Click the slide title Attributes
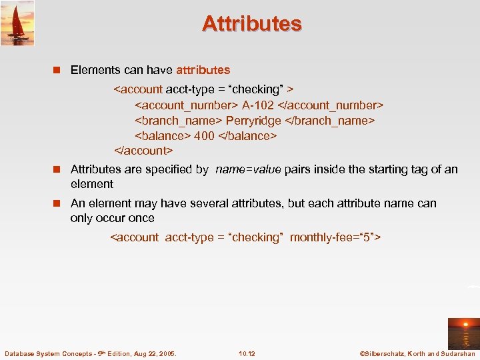[x=252, y=24]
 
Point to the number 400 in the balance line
[x=204, y=136]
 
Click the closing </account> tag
[x=143, y=151]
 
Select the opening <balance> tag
[x=163, y=136]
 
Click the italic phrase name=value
[x=248, y=169]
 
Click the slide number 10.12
[x=247, y=353]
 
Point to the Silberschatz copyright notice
[x=417, y=353]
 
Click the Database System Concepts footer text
[x=90, y=353]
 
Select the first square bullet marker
[x=57, y=70]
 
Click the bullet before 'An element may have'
[x=57, y=203]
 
